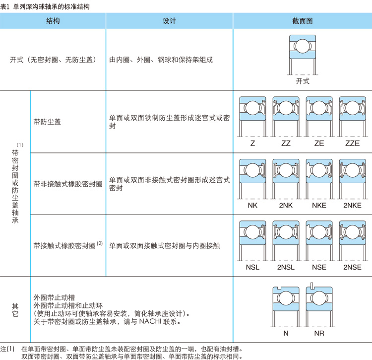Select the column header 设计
[169, 21]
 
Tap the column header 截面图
[302, 21]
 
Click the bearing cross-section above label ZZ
[286, 116]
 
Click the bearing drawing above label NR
[319, 304]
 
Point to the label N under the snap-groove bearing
[286, 333]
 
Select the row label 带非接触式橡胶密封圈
[68, 184]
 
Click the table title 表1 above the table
[5, 6]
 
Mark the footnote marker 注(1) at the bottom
[8, 349]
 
